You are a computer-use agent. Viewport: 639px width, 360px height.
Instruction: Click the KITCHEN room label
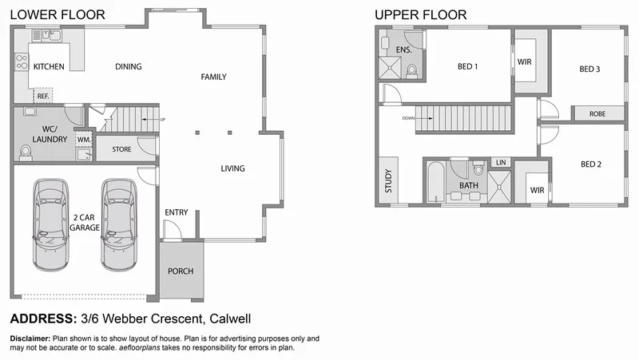coord(49,67)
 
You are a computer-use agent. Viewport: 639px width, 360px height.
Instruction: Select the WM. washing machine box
coord(83,140)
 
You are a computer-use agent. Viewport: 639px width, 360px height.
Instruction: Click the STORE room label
coord(121,148)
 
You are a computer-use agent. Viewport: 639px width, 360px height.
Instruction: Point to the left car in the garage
coord(50,224)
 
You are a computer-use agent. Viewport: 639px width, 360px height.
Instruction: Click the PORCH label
coord(181,271)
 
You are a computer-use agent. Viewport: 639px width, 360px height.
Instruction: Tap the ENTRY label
coord(177,212)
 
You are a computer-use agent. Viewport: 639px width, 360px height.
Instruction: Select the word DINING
coord(129,67)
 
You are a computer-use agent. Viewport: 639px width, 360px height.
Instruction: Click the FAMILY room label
coord(213,77)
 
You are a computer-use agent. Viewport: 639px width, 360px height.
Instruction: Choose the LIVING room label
coord(232,168)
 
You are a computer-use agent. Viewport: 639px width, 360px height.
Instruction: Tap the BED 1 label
coord(467,67)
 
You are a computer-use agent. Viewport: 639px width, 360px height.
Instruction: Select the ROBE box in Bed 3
coord(597,114)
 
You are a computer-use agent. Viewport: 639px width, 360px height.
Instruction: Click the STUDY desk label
coord(389,182)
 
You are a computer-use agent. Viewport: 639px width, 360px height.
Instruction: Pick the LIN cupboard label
coord(500,163)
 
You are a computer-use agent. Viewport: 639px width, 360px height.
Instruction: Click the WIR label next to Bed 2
coord(537,191)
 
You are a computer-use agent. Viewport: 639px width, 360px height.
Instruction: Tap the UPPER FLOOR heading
coord(421,15)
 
